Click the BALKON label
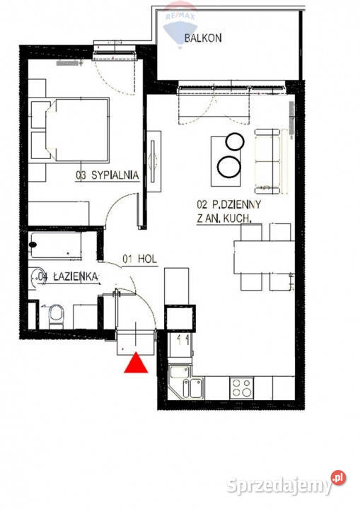[203, 37]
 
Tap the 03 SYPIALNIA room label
[108, 175]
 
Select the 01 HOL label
[139, 259]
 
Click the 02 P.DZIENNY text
[228, 204]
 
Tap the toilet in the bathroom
[56, 316]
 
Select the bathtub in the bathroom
[54, 245]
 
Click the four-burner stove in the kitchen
[242, 388]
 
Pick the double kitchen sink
[192, 388]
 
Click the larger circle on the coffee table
[229, 167]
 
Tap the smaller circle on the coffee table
[235, 141]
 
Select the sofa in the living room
[268, 161]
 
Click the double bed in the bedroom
[77, 130]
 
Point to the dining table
[264, 257]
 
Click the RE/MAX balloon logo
[180, 24]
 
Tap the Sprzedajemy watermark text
[279, 486]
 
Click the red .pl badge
[338, 477]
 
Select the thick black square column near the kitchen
[180, 318]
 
